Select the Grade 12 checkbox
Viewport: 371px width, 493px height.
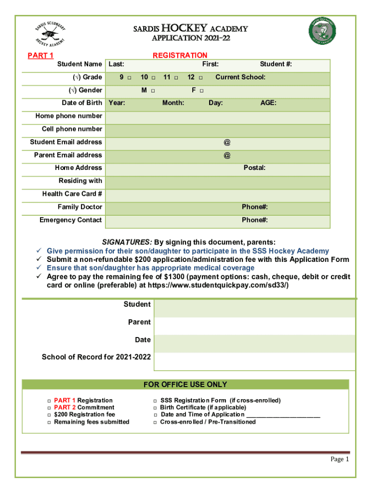200,78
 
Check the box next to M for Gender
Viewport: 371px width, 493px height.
153,91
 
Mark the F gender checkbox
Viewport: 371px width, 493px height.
202,91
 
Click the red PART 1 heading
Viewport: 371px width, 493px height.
40,55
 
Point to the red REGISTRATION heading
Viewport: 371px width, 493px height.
180,55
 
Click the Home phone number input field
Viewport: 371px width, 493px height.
218,117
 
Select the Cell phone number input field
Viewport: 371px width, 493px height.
218,130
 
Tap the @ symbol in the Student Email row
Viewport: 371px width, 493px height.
226,143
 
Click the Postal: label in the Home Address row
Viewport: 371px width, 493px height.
254,168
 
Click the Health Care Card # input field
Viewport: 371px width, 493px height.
218,195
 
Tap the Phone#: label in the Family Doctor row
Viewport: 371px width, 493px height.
254,207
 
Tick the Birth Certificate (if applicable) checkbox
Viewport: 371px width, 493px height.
156,408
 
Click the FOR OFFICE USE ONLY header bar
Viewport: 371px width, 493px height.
185,384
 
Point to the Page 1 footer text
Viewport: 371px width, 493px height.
339,459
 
